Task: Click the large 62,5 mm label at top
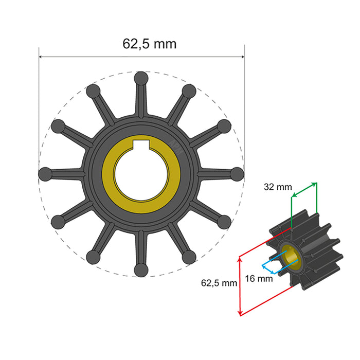[149, 44]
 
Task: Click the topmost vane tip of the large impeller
[141, 78]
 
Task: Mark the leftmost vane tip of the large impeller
[45, 173]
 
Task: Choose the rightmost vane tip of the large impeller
[237, 173]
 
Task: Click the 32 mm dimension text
[277, 187]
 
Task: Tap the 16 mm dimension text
[259, 279]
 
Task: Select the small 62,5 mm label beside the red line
[219, 282]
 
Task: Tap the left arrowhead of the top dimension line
[42, 57]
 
